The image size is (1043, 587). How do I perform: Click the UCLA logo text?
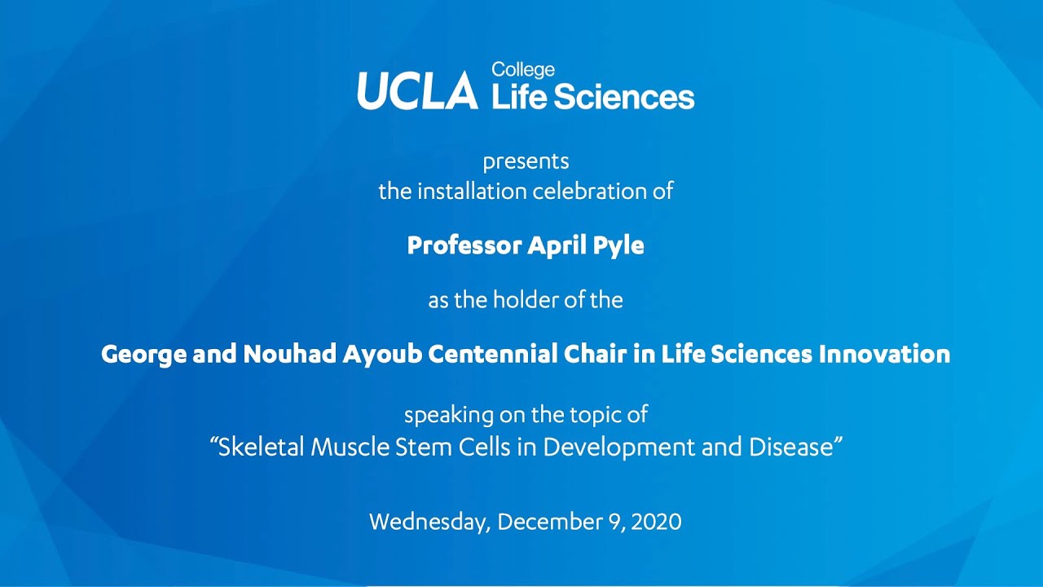click(x=417, y=90)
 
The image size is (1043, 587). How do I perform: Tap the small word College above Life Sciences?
click(x=523, y=70)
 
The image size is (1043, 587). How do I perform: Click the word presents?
click(x=526, y=161)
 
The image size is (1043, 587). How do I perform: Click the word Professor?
click(x=464, y=245)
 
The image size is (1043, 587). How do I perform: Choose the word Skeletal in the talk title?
click(x=262, y=448)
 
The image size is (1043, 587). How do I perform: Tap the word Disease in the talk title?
click(x=794, y=448)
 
